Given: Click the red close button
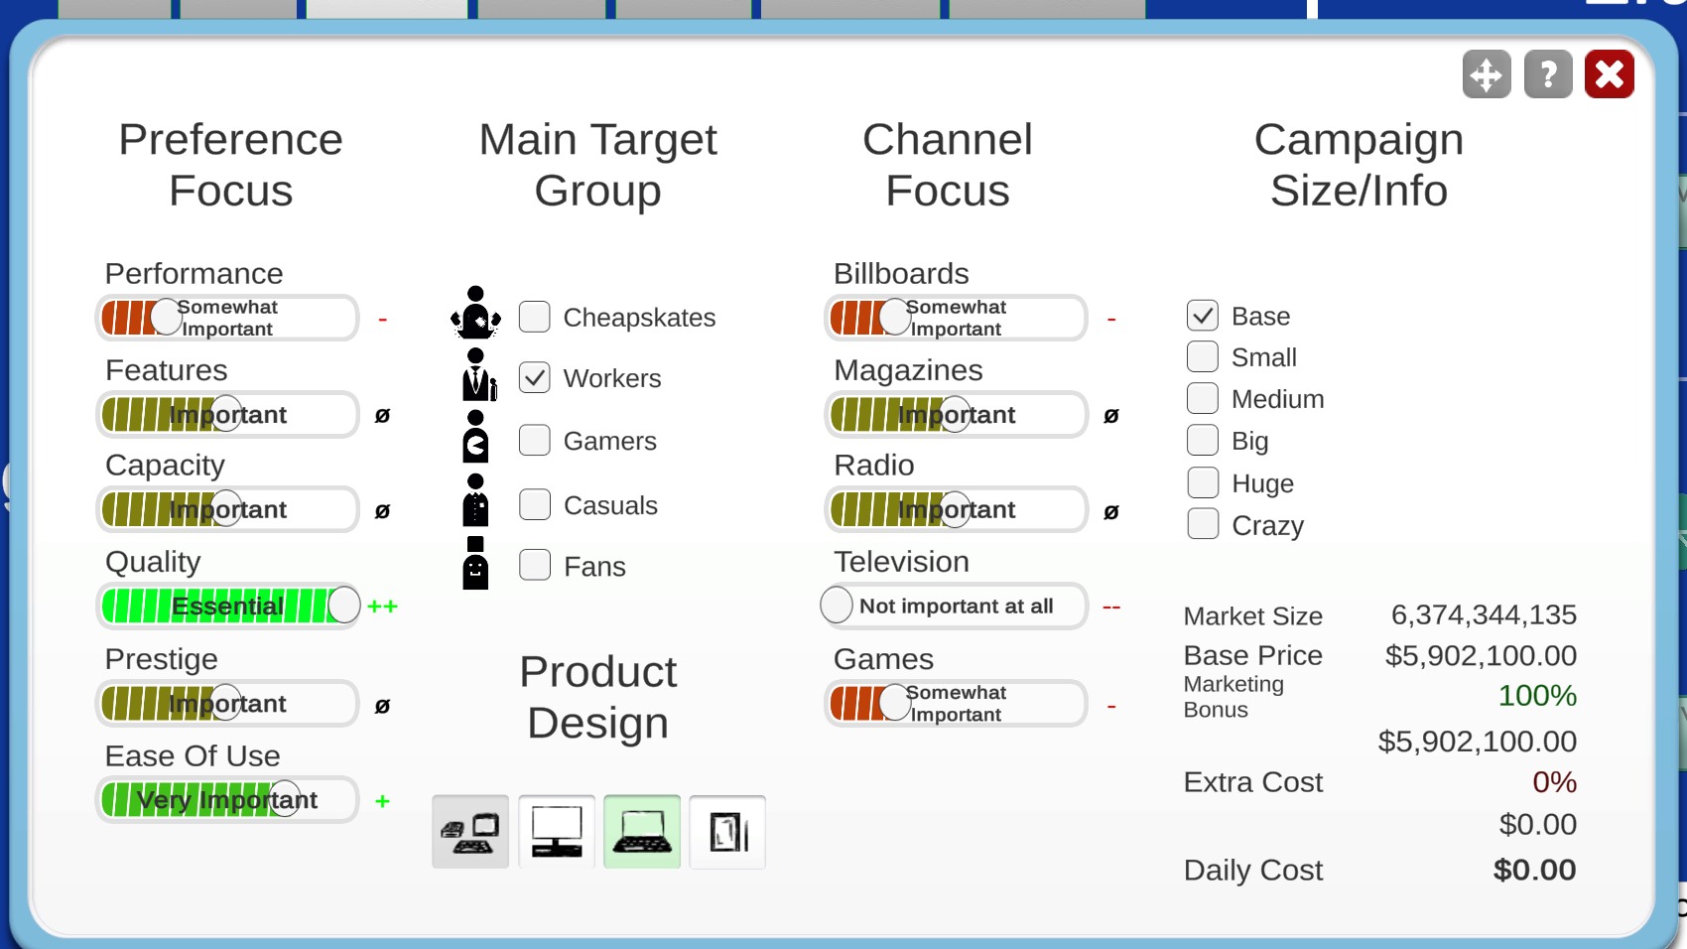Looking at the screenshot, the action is tap(1609, 74).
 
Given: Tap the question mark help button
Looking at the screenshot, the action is tap(1548, 74).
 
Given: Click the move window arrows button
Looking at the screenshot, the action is tap(1487, 74).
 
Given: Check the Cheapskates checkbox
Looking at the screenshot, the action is tap(535, 317).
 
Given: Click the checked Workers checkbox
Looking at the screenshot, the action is tap(535, 378).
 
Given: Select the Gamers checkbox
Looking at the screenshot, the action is tap(535, 441).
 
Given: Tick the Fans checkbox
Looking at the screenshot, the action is tap(535, 566).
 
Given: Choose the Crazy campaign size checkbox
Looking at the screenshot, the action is tap(1203, 524).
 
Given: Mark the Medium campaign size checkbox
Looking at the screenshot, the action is tap(1203, 398).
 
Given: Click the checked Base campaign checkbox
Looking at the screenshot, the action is tap(1203, 316).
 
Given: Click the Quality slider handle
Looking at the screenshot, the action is tap(344, 605).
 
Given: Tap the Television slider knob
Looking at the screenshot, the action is tap(836, 605).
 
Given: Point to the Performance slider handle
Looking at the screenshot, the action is tap(167, 317).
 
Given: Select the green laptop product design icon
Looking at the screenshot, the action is tap(642, 832).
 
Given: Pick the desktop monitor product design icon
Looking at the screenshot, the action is tap(557, 832).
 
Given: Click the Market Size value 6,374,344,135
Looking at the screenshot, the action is tap(1484, 615).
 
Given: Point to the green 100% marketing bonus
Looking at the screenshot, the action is tap(1537, 695).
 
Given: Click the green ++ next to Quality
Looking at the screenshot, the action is tap(383, 607).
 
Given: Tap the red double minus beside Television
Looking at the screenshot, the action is tap(1111, 608).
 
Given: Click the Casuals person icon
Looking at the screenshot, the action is tap(475, 500).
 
